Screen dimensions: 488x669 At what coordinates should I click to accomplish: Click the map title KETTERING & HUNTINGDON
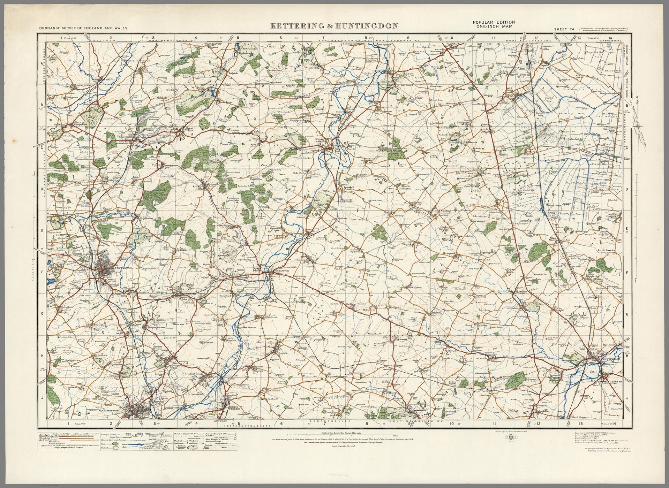(334, 26)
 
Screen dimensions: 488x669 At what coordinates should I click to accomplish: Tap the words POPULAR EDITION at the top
(494, 22)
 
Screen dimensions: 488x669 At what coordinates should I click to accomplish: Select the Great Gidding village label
(442, 211)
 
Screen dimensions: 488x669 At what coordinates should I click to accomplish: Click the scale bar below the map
(342, 435)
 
